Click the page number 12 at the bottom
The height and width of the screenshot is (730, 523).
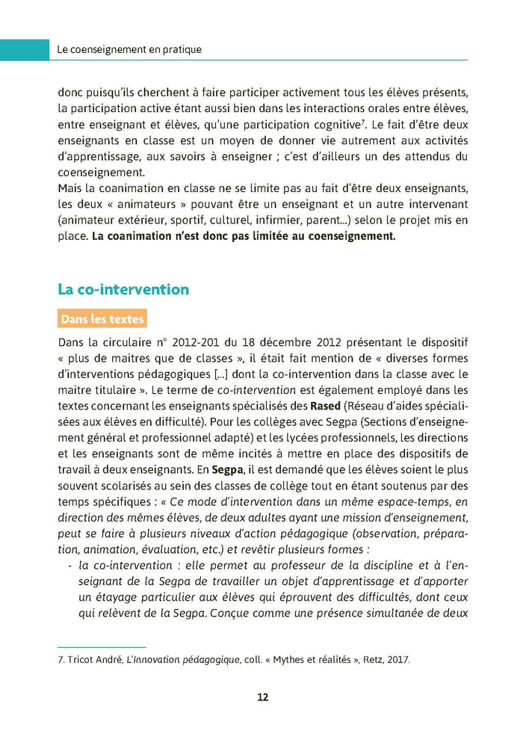coord(262,697)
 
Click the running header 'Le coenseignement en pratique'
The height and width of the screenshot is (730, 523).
coord(129,50)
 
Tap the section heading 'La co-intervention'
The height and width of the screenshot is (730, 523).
coord(123,289)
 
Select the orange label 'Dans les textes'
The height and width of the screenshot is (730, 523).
coord(102,319)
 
